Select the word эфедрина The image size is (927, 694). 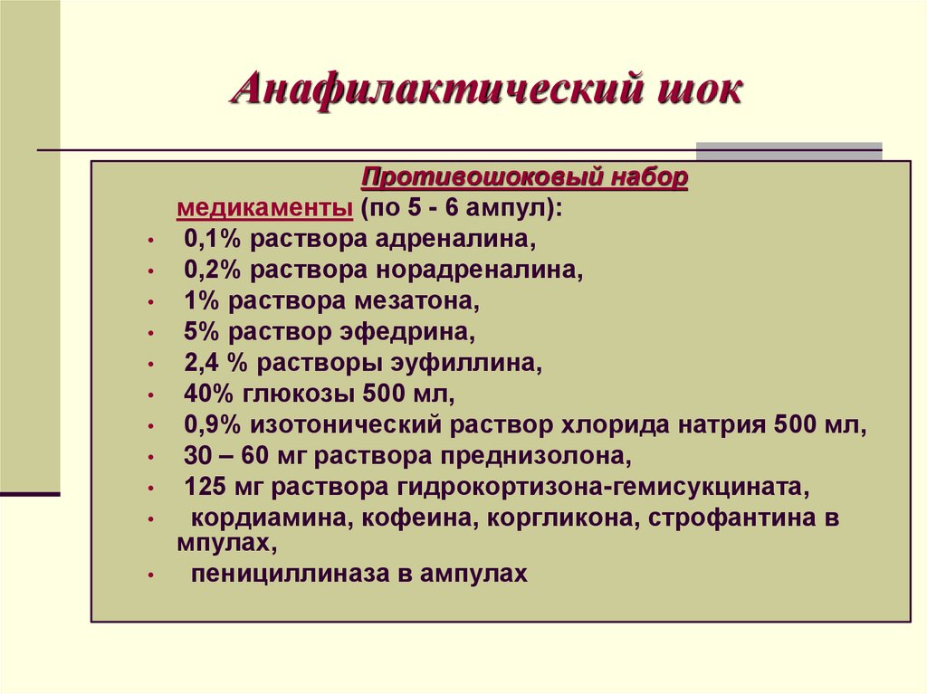click(x=417, y=332)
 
